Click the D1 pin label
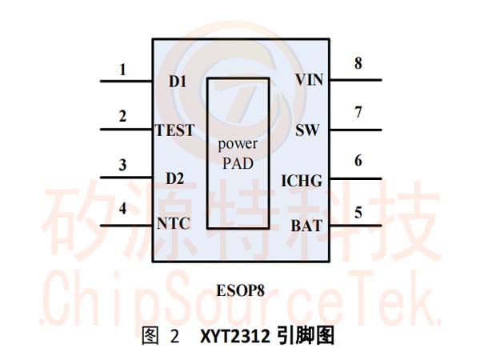click(x=178, y=82)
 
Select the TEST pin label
click(x=175, y=130)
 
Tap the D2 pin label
click(x=174, y=178)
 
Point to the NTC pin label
click(x=174, y=223)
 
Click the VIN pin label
click(x=309, y=80)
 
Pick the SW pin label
click(x=307, y=130)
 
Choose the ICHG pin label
click(x=302, y=181)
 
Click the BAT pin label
click(x=306, y=226)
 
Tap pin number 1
click(x=122, y=70)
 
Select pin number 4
click(x=122, y=209)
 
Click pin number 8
click(x=358, y=63)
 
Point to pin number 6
click(x=358, y=161)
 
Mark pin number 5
click(x=358, y=213)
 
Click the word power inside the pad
click(x=238, y=144)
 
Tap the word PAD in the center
click(x=238, y=163)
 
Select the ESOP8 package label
click(x=240, y=290)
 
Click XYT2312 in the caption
click(x=235, y=337)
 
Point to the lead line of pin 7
click(x=356, y=130)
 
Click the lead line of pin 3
click(x=126, y=178)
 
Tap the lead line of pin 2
click(x=126, y=130)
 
